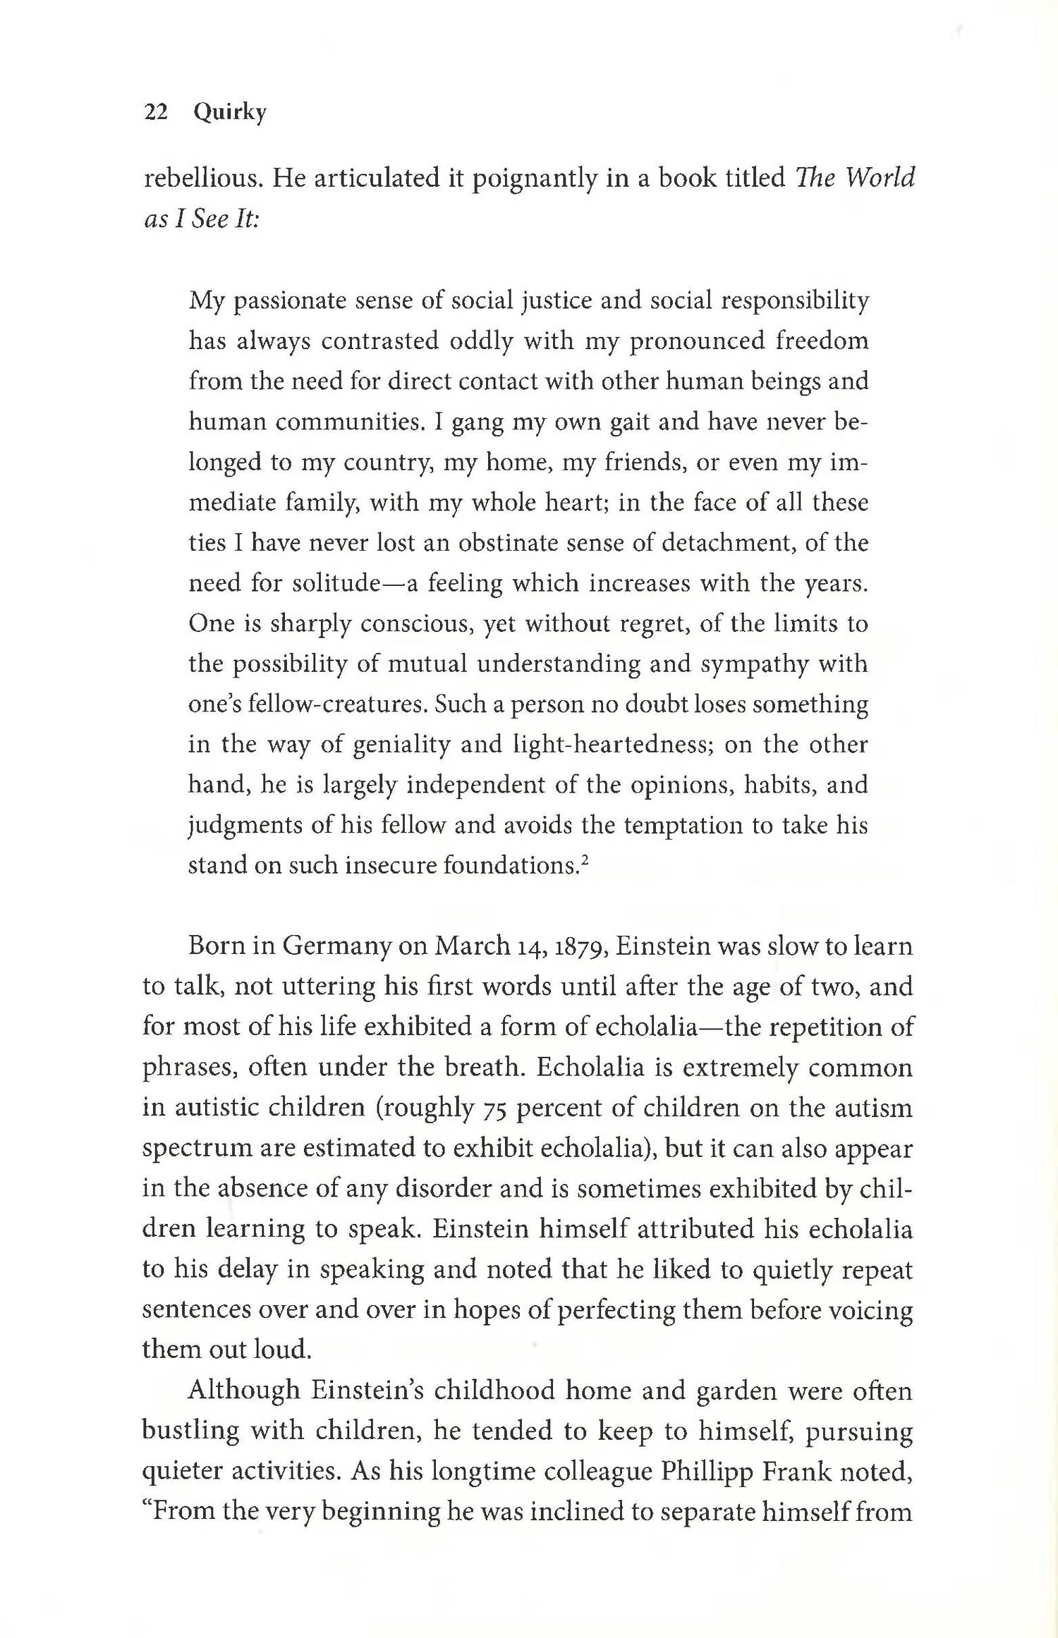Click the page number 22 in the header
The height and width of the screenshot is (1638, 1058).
point(155,112)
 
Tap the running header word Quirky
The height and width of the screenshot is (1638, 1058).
point(230,114)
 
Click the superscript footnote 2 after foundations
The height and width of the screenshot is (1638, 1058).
point(585,859)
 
